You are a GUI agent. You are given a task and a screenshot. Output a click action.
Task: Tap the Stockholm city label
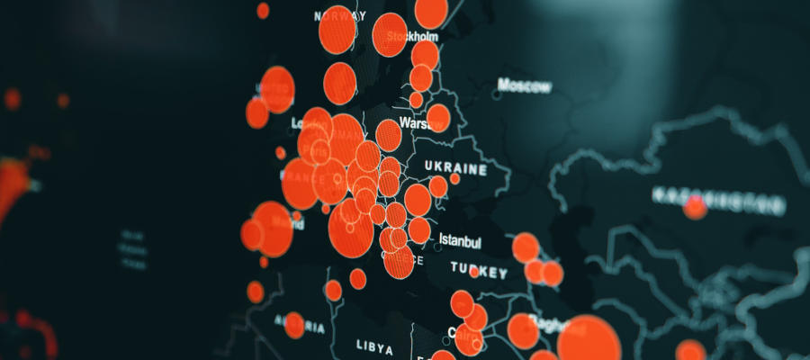[x=412, y=37]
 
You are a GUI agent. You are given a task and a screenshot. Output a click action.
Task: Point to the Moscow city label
[x=525, y=86]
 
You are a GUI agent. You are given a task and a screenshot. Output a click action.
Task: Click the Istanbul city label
[x=460, y=241]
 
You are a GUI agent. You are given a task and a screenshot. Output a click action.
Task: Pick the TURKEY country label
[x=479, y=269]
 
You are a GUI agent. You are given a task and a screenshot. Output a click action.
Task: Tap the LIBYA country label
[x=375, y=345]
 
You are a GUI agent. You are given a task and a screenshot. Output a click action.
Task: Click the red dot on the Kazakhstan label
[x=695, y=209]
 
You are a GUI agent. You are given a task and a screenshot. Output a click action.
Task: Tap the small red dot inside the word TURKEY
[x=474, y=272]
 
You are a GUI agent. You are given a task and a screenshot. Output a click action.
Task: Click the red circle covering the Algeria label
[x=294, y=325]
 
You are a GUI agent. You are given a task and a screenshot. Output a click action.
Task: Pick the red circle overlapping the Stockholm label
[x=390, y=34]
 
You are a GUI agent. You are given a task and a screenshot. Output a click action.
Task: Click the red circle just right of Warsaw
[x=438, y=118]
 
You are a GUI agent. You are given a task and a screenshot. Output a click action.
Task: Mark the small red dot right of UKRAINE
[x=454, y=178]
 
